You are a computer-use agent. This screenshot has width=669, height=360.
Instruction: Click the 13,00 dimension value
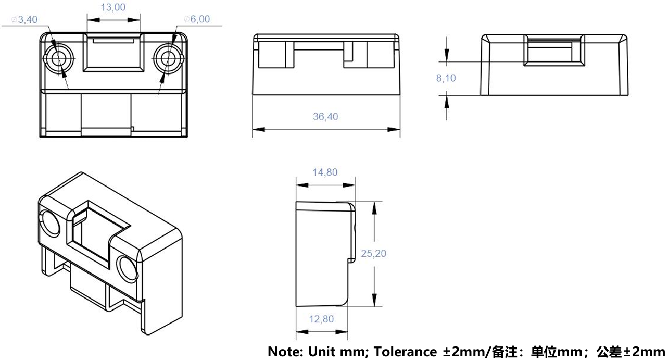(x=113, y=7)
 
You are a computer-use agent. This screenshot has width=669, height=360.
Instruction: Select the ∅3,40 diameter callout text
(x=24, y=20)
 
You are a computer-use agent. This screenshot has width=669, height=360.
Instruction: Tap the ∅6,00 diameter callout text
(x=197, y=19)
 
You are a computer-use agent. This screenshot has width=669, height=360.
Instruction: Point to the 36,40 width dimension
(x=325, y=116)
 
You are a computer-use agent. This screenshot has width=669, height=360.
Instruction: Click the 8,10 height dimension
(x=446, y=78)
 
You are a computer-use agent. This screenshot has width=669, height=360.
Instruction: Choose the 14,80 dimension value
(x=325, y=172)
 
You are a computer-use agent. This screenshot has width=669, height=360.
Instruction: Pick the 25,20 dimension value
(x=374, y=253)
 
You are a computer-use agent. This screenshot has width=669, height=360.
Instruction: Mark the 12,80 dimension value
(x=321, y=319)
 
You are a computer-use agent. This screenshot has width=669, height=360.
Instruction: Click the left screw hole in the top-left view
(x=59, y=58)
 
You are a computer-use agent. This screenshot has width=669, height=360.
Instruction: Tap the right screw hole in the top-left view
(x=169, y=58)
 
